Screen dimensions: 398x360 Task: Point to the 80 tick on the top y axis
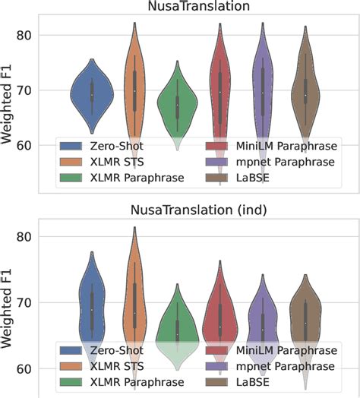coord(26,35)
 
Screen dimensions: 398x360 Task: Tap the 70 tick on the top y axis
coord(26,90)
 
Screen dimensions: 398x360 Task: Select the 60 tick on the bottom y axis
coord(26,369)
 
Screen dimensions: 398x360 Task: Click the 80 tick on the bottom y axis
coord(26,236)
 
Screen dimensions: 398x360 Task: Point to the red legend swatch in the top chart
coord(220,144)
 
